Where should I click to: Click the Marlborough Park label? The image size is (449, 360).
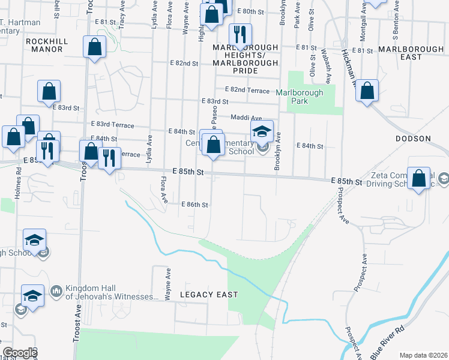300,97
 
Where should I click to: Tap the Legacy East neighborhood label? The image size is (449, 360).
209,295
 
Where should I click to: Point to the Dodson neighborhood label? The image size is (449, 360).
413,139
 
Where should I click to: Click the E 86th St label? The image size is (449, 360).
194,205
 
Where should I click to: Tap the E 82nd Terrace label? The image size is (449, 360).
250,90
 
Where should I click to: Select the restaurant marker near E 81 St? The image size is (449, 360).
241,34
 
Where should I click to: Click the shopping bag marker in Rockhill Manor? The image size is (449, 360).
95,47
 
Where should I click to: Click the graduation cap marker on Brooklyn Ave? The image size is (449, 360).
262,131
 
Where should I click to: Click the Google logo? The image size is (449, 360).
19,353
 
